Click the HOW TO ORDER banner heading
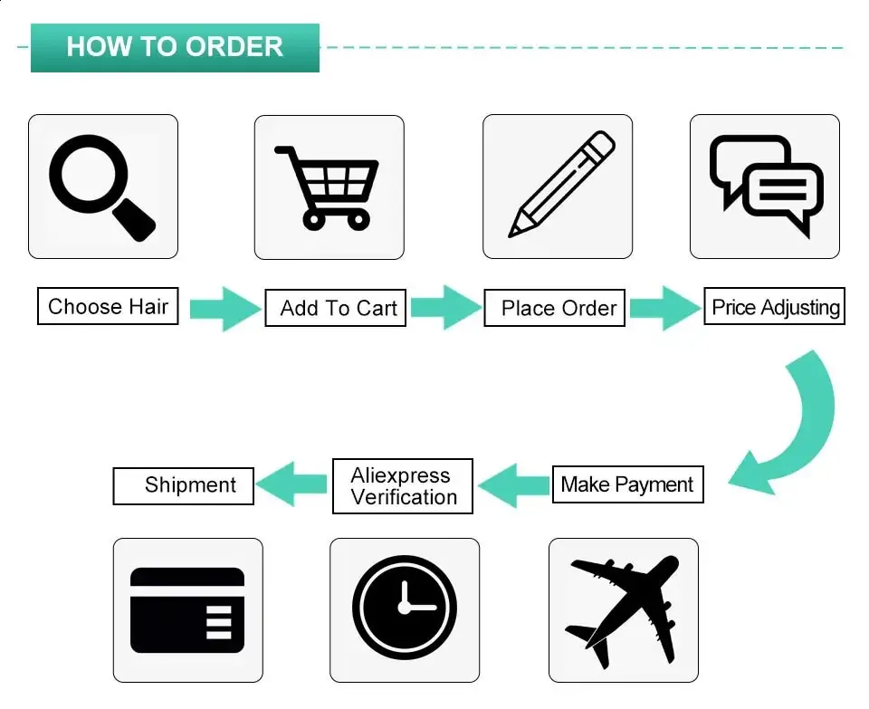point(175,47)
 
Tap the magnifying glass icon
point(102,187)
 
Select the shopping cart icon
point(327,188)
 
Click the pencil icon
point(561,184)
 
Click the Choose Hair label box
point(108,306)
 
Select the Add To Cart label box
point(335,308)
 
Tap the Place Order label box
point(555,308)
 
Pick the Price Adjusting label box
point(774,306)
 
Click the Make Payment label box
point(628,484)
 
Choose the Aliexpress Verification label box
point(403,486)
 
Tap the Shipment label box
point(184,486)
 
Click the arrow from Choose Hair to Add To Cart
point(225,309)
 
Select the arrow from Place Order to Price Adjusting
point(665,308)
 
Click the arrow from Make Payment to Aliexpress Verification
point(513,485)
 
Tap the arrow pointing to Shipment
point(291,484)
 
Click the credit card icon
point(187,609)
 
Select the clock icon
point(405,607)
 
